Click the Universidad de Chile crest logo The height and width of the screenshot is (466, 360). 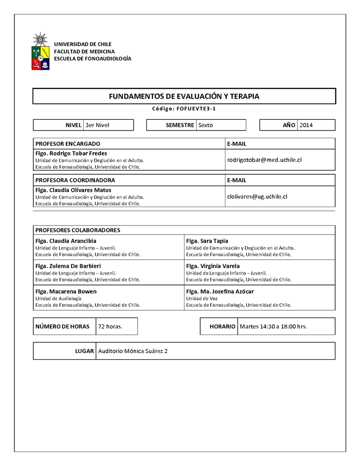point(40,52)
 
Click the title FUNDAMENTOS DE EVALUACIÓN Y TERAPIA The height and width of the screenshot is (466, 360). point(184,96)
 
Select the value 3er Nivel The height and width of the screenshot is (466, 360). point(97,125)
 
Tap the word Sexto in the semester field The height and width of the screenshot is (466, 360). point(206,125)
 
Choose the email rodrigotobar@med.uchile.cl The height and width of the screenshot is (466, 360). point(264,160)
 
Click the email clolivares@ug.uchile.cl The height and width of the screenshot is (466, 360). point(257,196)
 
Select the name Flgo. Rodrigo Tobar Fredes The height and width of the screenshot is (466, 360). point(71,154)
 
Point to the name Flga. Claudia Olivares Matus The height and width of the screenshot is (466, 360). point(73,190)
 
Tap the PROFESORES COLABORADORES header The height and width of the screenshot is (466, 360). point(78,230)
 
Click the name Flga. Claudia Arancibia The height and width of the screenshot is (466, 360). point(66,241)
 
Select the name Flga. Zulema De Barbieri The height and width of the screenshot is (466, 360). point(68,266)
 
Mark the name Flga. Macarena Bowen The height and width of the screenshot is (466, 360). point(66,291)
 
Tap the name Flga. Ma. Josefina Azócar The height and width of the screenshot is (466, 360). point(220,291)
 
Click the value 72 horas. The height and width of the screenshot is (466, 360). point(110,326)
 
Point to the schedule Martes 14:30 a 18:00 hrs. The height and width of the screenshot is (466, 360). point(274,326)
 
